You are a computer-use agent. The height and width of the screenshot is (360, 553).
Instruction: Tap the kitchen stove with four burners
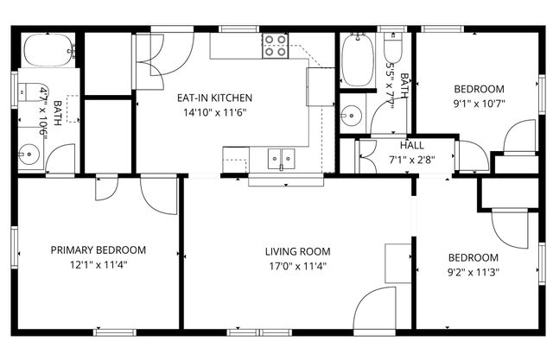pyautogui.click(x=275, y=46)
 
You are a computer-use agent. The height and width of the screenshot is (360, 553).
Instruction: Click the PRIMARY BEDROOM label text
pyautogui.click(x=98, y=250)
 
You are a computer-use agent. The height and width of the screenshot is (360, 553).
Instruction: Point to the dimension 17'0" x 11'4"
pyautogui.click(x=297, y=266)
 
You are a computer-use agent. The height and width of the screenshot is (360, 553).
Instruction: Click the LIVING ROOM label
pyautogui.click(x=297, y=252)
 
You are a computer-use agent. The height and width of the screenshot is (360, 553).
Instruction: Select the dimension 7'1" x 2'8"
pyautogui.click(x=411, y=159)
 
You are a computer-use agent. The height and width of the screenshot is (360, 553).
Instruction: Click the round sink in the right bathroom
pyautogui.click(x=351, y=112)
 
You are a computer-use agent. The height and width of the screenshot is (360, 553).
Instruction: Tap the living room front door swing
pyautogui.click(x=377, y=307)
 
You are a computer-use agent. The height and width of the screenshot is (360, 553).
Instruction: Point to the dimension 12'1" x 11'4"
pyautogui.click(x=98, y=265)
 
